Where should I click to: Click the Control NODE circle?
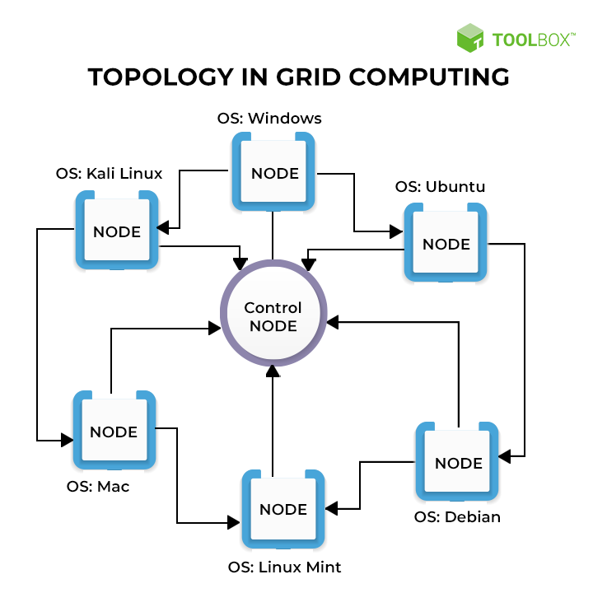pyautogui.click(x=273, y=316)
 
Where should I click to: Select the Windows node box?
pyautogui.click(x=273, y=173)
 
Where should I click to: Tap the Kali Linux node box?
pyautogui.click(x=117, y=231)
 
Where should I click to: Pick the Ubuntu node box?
pyautogui.click(x=446, y=243)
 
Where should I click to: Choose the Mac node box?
pyautogui.click(x=114, y=432)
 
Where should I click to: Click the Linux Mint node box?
pyautogui.click(x=283, y=508)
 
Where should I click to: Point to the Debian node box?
pyautogui.click(x=457, y=462)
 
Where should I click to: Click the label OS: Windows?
pyautogui.click(x=269, y=119)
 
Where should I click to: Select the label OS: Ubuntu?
pyautogui.click(x=440, y=187)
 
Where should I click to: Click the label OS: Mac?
pyautogui.click(x=98, y=486)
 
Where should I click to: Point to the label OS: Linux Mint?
pyautogui.click(x=284, y=567)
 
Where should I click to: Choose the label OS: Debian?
pyautogui.click(x=457, y=517)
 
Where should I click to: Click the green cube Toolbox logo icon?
pyautogui.click(x=470, y=38)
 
